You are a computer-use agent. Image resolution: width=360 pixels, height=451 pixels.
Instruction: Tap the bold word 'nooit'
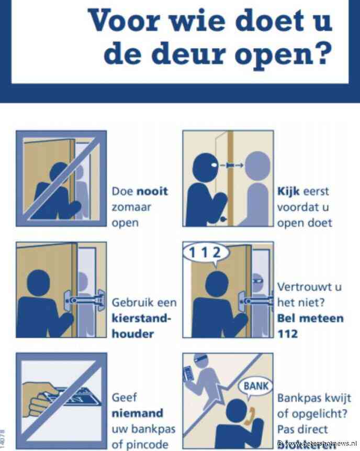152,191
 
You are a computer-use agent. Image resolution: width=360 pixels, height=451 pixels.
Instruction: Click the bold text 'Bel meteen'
310,318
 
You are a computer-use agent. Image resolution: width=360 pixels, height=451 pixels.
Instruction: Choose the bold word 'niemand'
137,413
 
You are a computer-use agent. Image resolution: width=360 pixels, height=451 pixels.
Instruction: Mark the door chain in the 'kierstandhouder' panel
84,301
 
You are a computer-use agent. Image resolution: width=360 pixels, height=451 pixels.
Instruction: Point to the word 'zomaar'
132,207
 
